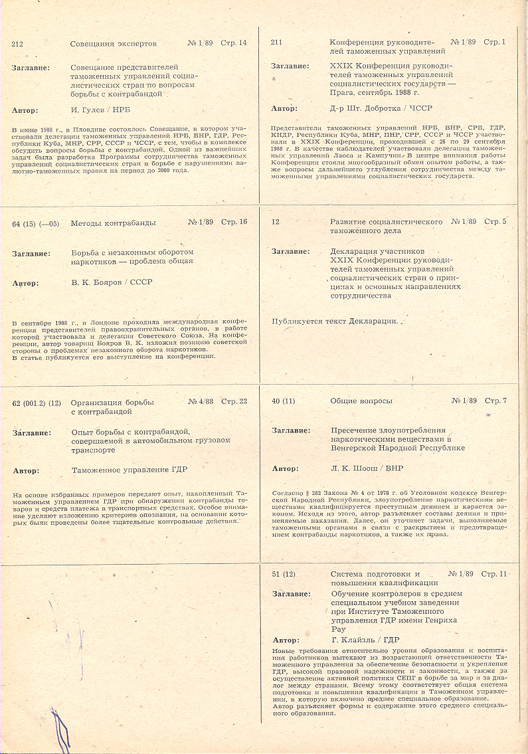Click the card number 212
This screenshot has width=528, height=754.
(17, 44)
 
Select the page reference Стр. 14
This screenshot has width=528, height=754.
(233, 43)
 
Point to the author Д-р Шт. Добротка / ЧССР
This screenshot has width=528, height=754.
(373, 108)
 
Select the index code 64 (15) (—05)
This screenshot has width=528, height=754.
(37, 223)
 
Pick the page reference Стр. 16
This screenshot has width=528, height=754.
(234, 222)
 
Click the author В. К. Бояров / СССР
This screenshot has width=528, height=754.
(112, 282)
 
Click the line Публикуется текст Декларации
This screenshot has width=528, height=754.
(335, 322)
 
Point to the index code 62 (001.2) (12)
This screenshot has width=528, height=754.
(37, 403)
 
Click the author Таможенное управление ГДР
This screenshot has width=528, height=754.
(130, 470)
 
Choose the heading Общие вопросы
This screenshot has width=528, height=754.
(361, 401)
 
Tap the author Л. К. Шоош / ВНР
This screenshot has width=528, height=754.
(367, 468)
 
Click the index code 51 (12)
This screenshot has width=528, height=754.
(284, 574)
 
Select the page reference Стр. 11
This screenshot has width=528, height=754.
(494, 573)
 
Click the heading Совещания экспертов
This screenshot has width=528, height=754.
(113, 44)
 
